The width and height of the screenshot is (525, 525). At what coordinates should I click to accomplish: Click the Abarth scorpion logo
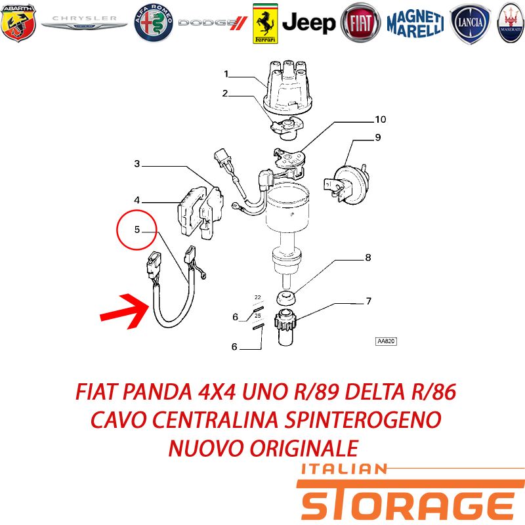click(x=18, y=23)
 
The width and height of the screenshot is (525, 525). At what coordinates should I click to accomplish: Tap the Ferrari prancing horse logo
click(x=265, y=24)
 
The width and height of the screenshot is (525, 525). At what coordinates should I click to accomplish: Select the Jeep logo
click(x=308, y=23)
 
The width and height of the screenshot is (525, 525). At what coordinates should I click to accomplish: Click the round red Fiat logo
click(x=360, y=23)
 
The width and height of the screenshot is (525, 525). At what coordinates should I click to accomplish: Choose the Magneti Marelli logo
click(x=415, y=23)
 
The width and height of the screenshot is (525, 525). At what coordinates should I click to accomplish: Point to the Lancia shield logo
click(x=470, y=24)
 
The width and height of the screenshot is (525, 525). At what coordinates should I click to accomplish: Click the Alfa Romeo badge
click(x=154, y=23)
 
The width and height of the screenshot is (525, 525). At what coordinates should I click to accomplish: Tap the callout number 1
click(x=226, y=73)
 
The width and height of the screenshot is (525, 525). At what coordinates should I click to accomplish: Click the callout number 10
click(x=381, y=119)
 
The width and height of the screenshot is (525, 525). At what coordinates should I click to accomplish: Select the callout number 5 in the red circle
click(x=137, y=229)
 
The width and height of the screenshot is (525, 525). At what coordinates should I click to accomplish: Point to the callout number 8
click(x=368, y=257)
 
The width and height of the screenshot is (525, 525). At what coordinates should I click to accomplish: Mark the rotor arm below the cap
click(x=287, y=128)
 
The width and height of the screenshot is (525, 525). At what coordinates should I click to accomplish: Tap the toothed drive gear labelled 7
click(x=285, y=327)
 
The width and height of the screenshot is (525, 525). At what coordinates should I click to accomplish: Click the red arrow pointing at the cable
click(x=125, y=311)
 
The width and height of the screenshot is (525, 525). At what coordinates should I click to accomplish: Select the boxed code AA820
click(x=386, y=341)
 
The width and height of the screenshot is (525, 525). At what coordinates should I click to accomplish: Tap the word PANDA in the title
click(x=157, y=391)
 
